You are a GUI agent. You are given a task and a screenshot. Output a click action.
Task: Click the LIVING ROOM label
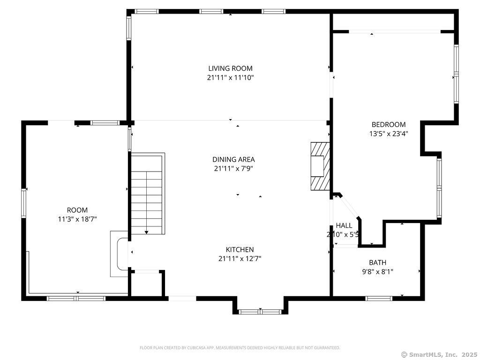click(x=231, y=68)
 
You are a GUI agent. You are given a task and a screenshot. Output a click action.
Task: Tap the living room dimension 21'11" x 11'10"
click(x=231, y=77)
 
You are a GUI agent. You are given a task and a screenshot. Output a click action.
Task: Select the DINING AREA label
click(x=233, y=159)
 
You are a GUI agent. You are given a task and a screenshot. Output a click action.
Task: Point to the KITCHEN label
click(x=240, y=249)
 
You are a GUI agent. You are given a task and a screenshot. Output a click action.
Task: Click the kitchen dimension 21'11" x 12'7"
click(x=240, y=259)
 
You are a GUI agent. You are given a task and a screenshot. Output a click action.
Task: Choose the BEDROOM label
click(x=389, y=125)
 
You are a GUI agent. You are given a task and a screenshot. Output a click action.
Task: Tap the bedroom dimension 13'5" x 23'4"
click(x=389, y=134)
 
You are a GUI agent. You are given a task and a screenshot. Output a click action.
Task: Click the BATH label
click(x=377, y=262)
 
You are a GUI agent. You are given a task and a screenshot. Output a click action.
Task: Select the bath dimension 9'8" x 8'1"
click(x=377, y=271)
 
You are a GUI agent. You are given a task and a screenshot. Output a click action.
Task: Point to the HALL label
click(x=344, y=225)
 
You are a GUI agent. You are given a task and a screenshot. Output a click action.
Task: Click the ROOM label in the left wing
click(x=77, y=210)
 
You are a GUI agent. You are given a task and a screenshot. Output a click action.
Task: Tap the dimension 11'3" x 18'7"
click(x=77, y=219)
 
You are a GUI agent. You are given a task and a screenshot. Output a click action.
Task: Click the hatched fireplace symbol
click(x=320, y=166)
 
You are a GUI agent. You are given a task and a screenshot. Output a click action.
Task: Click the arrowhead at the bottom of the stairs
click(x=147, y=232)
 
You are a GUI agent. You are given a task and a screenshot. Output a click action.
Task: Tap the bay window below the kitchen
click(x=260, y=312)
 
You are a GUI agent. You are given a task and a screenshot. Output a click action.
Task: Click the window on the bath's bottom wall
click(x=379, y=298)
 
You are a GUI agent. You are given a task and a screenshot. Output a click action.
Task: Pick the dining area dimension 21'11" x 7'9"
click(x=233, y=169)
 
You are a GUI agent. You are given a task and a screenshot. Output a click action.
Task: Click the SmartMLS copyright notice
click(x=439, y=355)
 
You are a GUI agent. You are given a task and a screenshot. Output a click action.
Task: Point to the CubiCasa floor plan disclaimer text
click(x=240, y=348)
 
